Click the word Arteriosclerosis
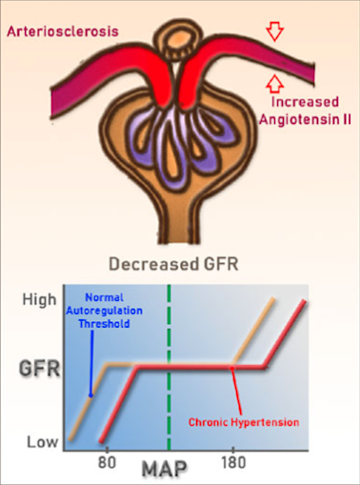[63, 31]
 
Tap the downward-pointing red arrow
[275, 32]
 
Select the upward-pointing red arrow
[275, 84]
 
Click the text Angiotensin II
[305, 120]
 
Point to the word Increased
[305, 102]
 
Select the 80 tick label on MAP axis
[107, 462]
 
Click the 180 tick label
[233, 462]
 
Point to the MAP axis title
[164, 469]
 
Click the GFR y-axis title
[40, 369]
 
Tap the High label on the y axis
[39, 300]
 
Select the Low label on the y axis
[43, 442]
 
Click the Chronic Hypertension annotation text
[244, 422]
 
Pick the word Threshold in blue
[104, 324]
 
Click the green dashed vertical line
[169, 368]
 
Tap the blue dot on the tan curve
[90, 395]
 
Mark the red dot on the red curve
[232, 368]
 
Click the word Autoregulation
[104, 311]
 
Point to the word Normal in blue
[104, 297]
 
